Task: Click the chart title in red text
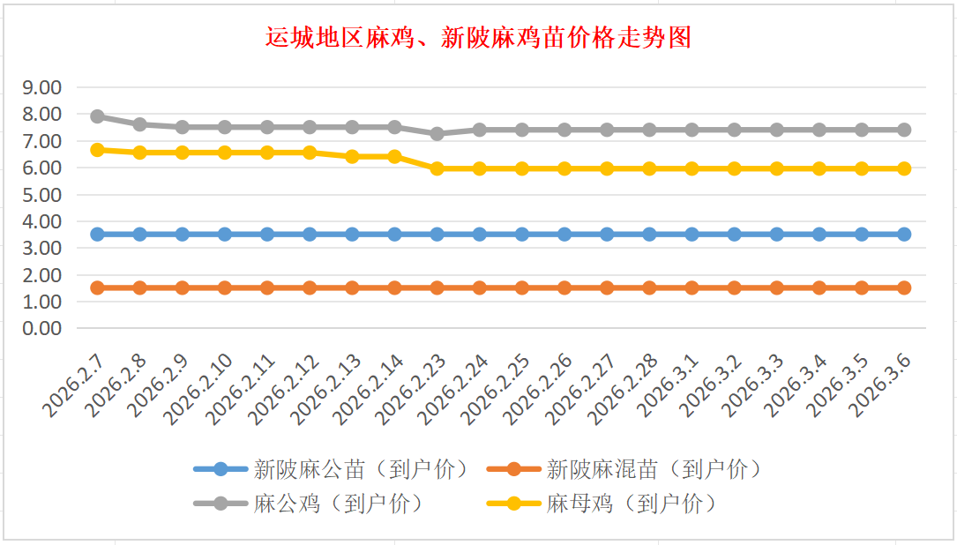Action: [478, 38]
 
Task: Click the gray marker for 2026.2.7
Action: [97, 116]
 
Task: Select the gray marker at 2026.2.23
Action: [437, 133]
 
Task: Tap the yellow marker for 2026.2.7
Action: [97, 150]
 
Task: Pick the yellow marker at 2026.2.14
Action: [394, 157]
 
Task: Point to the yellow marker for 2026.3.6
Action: [904, 168]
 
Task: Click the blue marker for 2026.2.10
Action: [225, 235]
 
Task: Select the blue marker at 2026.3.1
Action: [692, 235]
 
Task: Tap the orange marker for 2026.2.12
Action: [310, 287]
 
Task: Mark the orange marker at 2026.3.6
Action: [904, 287]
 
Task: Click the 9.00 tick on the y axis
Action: [42, 87]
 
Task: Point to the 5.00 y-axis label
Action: [42, 194]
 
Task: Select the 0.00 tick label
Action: [42, 328]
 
